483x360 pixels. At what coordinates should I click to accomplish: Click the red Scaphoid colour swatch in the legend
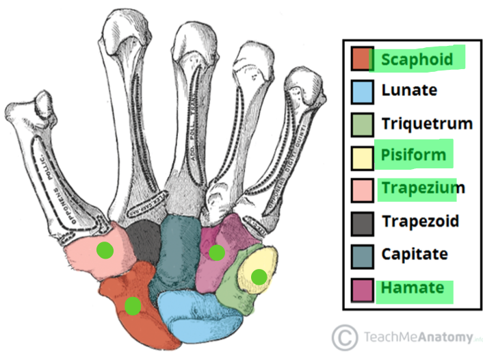pyautogui.click(x=361, y=59)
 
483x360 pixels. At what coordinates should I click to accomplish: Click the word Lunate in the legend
pyautogui.click(x=409, y=90)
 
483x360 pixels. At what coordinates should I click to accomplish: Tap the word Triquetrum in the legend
pyautogui.click(x=427, y=123)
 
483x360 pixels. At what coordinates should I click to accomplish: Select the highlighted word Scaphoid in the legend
pyautogui.click(x=417, y=60)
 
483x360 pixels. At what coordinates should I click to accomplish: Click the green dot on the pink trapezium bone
pyautogui.click(x=104, y=250)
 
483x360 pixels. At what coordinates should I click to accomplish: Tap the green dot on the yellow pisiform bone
pyautogui.click(x=259, y=277)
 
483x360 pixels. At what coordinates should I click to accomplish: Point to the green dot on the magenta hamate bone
pyautogui.click(x=217, y=253)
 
